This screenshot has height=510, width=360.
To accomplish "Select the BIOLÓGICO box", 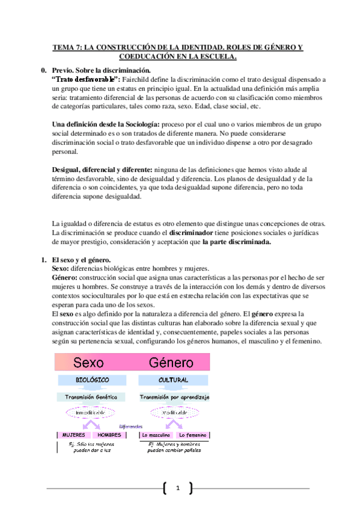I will click(92, 380).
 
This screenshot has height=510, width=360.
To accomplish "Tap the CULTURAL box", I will click(173, 380).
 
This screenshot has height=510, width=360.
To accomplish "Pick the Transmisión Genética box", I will click(92, 397).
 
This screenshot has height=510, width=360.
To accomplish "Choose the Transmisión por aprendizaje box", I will click(174, 397).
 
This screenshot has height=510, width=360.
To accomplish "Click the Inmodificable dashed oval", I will click(91, 413).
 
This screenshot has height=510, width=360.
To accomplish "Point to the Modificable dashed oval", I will click(173, 413).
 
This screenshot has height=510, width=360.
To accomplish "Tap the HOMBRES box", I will click(110, 434).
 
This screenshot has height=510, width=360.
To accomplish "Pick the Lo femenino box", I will click(192, 434).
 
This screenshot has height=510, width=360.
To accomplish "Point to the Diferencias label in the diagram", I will click(132, 425).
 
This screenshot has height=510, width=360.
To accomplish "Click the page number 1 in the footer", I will click(178, 488).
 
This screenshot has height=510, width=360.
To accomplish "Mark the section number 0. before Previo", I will click(43, 70).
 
